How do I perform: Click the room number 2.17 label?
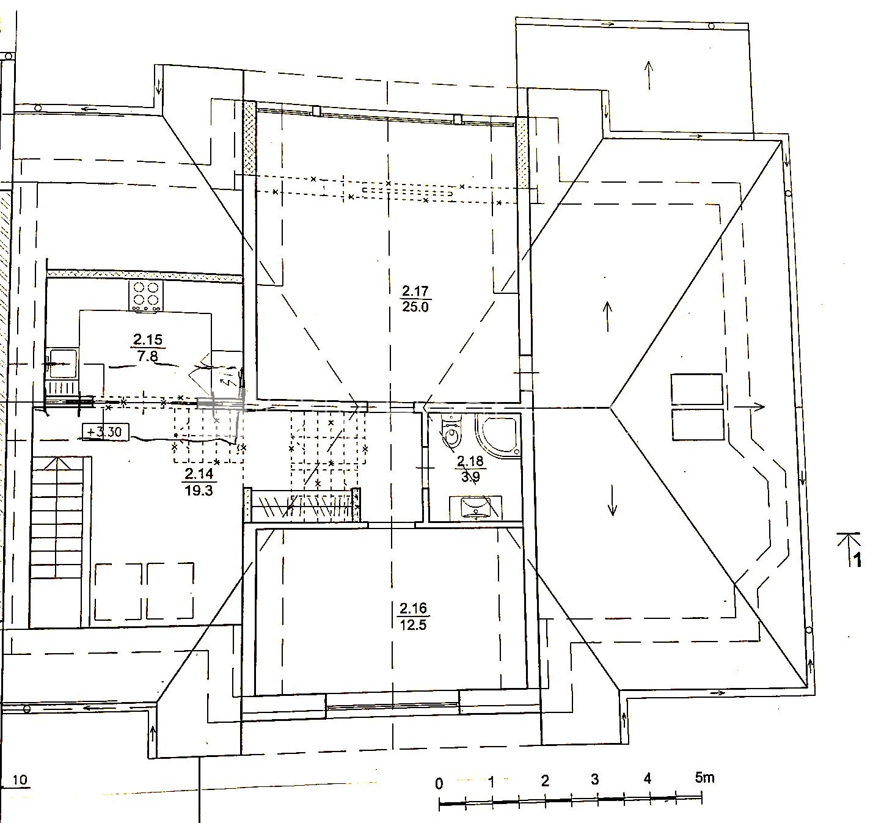point(415,291)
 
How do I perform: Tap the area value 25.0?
point(415,307)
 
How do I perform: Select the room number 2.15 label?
point(148,340)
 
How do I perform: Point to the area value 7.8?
point(148,356)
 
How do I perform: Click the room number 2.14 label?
point(199,474)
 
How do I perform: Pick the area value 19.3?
point(199,491)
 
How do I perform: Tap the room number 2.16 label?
point(413,608)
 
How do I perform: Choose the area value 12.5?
point(413,624)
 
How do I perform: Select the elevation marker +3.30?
point(106,431)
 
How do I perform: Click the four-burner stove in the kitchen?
point(146,296)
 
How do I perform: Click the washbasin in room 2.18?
point(475,508)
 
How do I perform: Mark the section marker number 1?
point(858,560)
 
